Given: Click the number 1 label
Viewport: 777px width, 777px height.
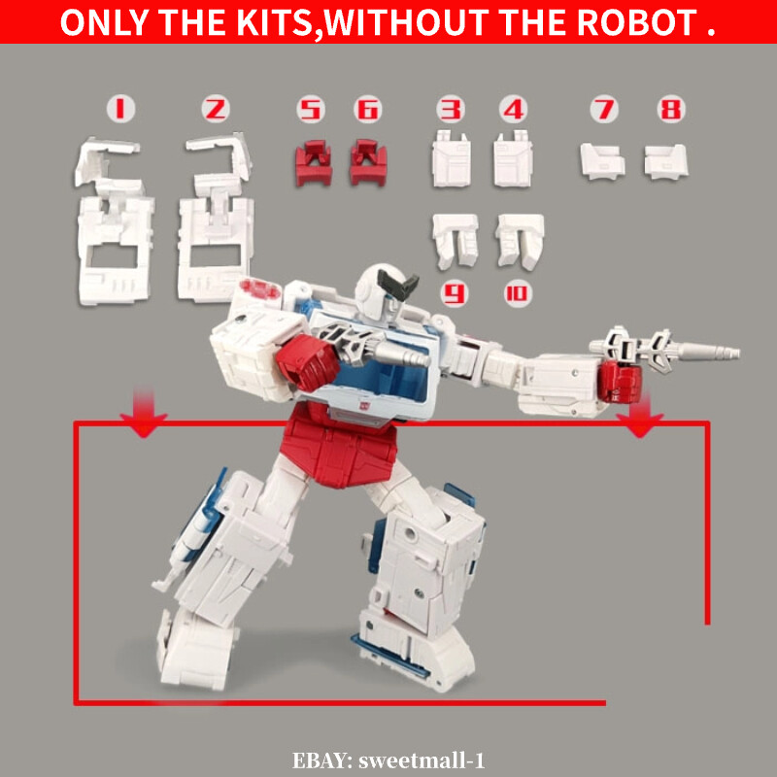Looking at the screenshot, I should pos(119,109).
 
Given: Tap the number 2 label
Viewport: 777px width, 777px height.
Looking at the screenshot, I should pos(215,109).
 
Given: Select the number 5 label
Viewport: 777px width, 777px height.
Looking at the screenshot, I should pos(311,109).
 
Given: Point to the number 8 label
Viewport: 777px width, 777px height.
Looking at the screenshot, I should pos(669,109).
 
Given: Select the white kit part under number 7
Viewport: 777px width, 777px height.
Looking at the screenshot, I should pos(602,160).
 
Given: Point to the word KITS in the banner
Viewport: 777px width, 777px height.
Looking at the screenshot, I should pos(267,23).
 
